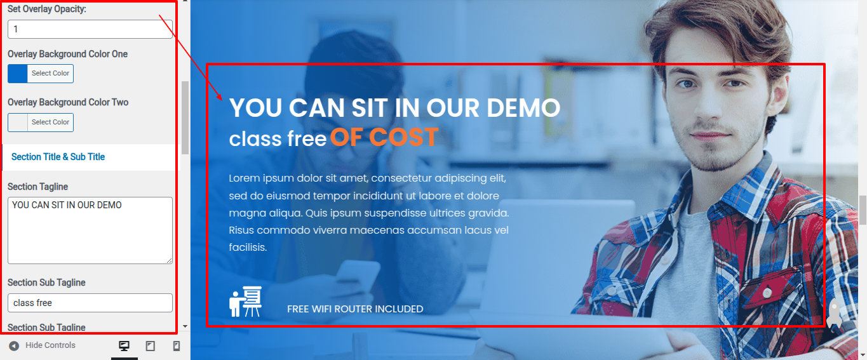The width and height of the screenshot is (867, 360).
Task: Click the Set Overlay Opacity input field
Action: tap(90, 29)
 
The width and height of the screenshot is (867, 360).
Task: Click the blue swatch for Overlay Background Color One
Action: tap(18, 74)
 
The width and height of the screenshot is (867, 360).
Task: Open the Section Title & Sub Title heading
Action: tap(58, 157)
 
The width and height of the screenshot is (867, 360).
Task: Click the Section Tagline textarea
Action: tap(90, 230)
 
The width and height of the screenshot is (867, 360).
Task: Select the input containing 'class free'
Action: tap(90, 303)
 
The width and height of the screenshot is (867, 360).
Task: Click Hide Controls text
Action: tap(50, 345)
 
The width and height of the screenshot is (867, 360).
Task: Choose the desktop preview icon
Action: tap(124, 345)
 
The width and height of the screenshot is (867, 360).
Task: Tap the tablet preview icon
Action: tap(150, 345)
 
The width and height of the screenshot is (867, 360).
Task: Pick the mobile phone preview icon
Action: tap(177, 345)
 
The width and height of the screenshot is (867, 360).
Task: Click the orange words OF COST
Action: tap(384, 137)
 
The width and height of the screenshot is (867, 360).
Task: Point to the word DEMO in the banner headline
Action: tap(523, 107)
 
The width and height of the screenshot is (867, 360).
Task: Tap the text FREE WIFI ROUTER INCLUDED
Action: tap(355, 309)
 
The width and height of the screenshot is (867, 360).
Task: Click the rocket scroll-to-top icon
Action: tap(834, 314)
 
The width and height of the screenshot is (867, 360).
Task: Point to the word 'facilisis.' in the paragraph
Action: tap(248, 247)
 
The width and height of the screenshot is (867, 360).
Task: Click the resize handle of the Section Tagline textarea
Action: tap(170, 261)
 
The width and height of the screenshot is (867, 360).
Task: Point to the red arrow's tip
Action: tap(222, 100)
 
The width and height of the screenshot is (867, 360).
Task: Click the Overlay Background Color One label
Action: tap(68, 54)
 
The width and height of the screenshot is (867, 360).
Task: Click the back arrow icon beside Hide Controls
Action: tap(14, 345)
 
